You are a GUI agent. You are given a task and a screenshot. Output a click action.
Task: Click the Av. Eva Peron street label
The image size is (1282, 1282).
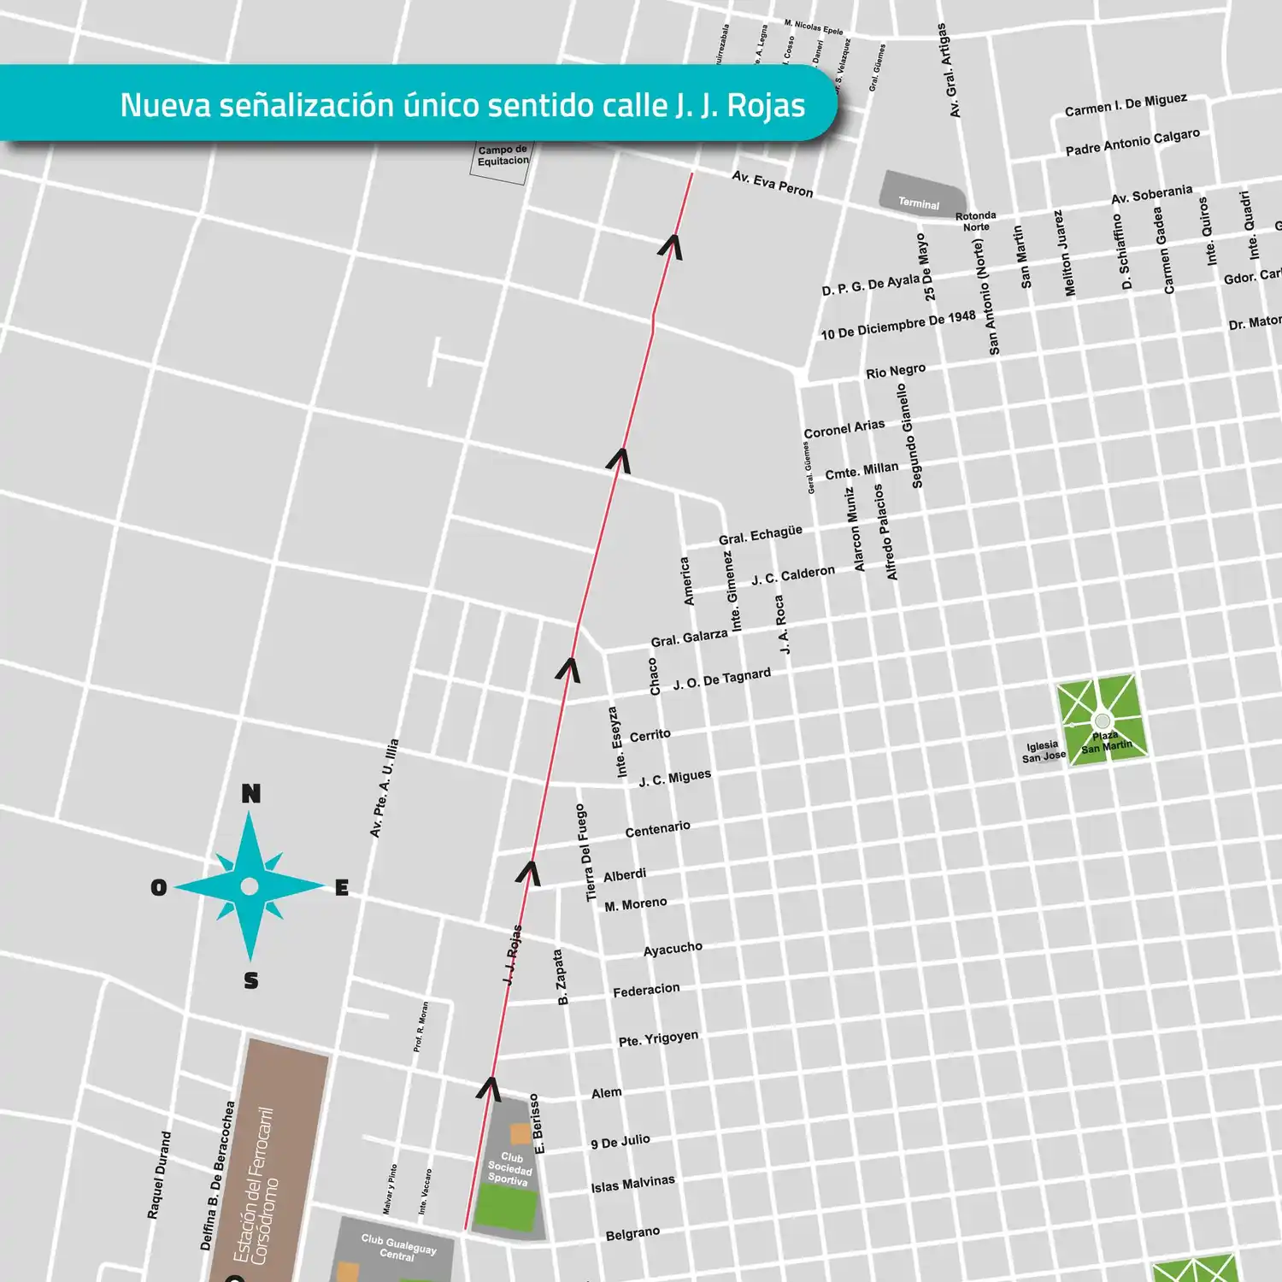[x=772, y=183]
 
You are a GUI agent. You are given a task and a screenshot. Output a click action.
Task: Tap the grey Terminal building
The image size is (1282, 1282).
[x=921, y=193]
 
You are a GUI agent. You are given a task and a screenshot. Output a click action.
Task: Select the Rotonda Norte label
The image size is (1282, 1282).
[x=975, y=221]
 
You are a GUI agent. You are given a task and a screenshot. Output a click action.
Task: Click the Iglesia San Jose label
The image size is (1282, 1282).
[x=1044, y=751]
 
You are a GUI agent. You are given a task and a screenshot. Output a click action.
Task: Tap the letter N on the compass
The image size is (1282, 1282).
[x=250, y=794]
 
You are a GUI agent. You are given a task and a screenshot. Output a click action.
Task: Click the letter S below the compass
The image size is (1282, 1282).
[x=250, y=980]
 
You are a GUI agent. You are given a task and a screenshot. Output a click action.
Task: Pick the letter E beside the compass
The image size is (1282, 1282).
[x=342, y=888]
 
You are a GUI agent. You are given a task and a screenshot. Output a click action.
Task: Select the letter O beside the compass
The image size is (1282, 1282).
[x=158, y=887]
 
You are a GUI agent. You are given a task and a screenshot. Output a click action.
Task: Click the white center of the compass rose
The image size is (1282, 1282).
[x=250, y=886]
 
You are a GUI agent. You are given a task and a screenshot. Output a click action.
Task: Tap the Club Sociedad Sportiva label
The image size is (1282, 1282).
[x=510, y=1168]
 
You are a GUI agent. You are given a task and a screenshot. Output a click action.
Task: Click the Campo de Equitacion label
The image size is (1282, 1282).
[x=503, y=156]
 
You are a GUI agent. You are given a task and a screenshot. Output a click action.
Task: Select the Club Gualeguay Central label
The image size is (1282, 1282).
[x=398, y=1247]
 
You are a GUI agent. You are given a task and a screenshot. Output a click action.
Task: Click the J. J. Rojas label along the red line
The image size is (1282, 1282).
[x=512, y=955]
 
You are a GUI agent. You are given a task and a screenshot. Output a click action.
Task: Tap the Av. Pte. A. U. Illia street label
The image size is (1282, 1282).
[x=384, y=788]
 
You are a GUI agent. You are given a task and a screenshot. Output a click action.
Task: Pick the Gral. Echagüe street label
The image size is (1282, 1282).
[x=760, y=535]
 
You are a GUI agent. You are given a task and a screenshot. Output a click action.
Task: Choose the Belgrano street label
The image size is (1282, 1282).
[x=632, y=1233]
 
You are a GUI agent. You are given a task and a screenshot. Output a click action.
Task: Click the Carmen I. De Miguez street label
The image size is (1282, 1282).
[x=1126, y=105]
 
